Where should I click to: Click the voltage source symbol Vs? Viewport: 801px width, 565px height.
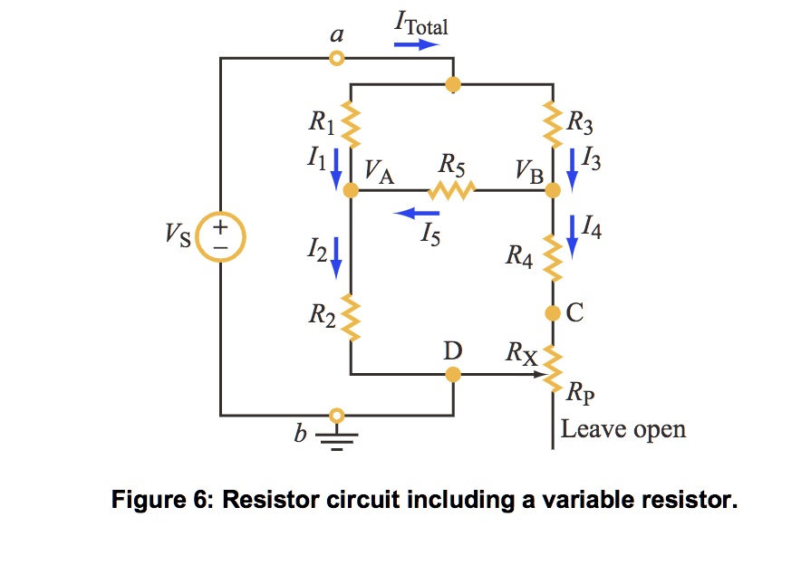220,237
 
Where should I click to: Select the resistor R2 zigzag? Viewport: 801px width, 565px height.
350,319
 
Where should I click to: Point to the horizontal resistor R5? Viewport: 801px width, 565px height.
451,191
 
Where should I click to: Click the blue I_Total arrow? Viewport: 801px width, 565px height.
420,43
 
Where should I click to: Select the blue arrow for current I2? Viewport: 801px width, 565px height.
335,255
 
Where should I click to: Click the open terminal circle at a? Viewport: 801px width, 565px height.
337,59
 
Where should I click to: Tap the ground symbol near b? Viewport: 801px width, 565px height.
337,438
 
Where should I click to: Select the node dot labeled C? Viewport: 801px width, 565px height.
553,313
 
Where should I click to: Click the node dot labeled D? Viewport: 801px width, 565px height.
453,373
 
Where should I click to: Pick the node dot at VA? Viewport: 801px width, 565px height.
350,191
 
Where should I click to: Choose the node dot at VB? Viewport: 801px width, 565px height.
553,191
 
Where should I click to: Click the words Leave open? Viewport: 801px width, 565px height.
622,428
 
